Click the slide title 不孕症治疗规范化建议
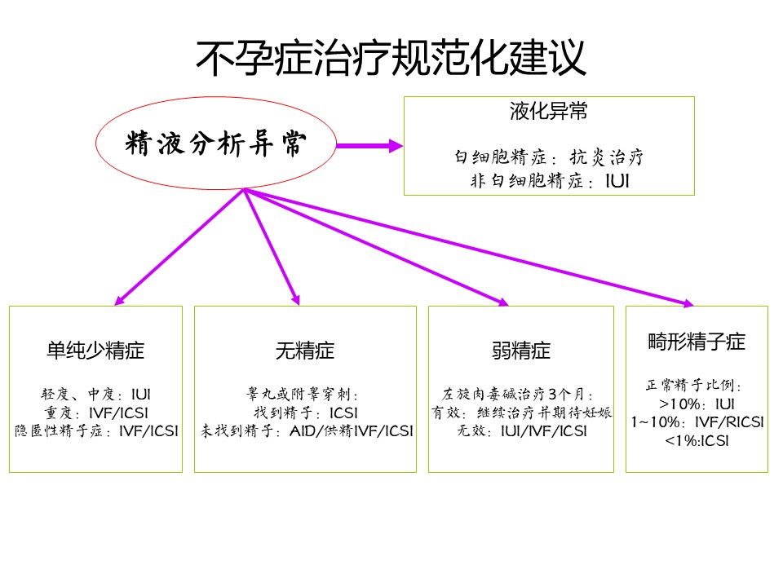click(391, 58)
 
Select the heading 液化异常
click(548, 111)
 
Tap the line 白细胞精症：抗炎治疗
click(548, 157)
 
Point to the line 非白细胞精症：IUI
click(549, 180)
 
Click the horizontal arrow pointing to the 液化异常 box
click(369, 146)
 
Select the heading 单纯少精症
click(95, 351)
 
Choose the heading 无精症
click(304, 351)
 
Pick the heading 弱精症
click(521, 351)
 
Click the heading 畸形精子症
click(697, 342)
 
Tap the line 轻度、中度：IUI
click(95, 395)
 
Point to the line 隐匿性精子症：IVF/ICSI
click(96, 430)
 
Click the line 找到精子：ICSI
click(306, 413)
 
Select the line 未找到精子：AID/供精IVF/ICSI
click(307, 430)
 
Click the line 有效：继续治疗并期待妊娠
click(521, 413)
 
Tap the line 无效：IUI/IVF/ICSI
click(522, 430)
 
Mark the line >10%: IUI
click(697, 404)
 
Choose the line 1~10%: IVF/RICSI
click(697, 422)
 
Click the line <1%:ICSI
click(697, 441)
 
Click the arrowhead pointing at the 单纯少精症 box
click(119, 301)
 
